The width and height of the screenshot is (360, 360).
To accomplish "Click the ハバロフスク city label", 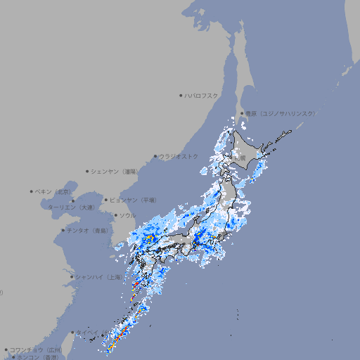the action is pyautogui.click(x=202, y=95).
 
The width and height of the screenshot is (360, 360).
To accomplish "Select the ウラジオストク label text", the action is pyautogui.click(x=179, y=156).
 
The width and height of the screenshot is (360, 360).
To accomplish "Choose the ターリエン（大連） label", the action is pyautogui.click(x=71, y=207).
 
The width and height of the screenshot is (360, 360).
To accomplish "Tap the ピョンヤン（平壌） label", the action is pyautogui.click(x=134, y=200).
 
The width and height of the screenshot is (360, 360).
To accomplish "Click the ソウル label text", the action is pyautogui.click(x=127, y=215).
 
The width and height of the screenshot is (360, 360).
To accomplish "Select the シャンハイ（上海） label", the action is pyautogui.click(x=98, y=276).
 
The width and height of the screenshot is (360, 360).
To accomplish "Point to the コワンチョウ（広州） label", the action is pyautogui.click(x=36, y=349).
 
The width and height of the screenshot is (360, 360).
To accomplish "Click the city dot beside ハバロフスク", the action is pyautogui.click(x=181, y=95).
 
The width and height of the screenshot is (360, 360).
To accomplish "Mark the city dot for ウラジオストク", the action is pyautogui.click(x=155, y=156).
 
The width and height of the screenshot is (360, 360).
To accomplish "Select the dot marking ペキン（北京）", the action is pyautogui.click(x=32, y=191).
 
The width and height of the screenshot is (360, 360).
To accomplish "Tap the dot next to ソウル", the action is pyautogui.click(x=115, y=215).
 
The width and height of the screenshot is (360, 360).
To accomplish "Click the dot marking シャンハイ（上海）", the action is pyautogui.click(x=72, y=276).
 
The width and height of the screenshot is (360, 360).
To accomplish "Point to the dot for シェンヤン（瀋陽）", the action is pyautogui.click(x=87, y=171).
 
